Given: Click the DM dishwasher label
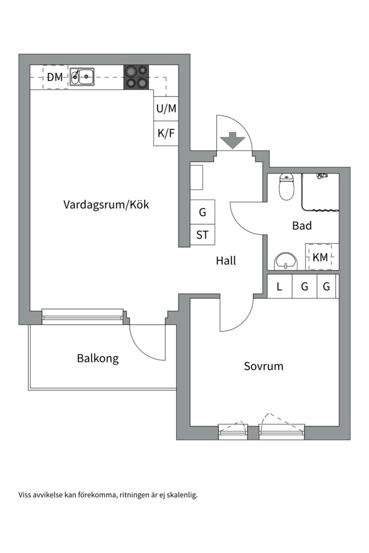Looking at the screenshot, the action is (x=55, y=77).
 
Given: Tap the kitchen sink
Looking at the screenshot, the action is (x=82, y=76).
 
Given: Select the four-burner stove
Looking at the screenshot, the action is (x=136, y=77).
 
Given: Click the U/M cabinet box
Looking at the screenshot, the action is (x=166, y=109).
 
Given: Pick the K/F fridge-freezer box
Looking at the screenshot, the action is (x=166, y=134).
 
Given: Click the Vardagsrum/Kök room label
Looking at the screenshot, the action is (x=106, y=204).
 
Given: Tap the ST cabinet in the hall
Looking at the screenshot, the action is (x=202, y=235).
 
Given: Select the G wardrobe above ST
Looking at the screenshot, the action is (x=202, y=212).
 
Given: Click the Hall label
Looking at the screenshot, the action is (x=226, y=261).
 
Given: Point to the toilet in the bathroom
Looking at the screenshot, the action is (x=286, y=187).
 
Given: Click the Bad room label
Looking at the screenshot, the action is (x=302, y=225).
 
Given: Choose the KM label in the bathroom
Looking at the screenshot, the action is (x=320, y=258).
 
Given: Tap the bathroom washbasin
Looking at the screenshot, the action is (x=286, y=261).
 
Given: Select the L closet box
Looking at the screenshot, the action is (x=280, y=286).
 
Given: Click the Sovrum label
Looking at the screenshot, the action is (x=264, y=366).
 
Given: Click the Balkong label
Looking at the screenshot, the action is (x=98, y=358).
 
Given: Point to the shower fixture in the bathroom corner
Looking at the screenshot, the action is (x=322, y=175).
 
